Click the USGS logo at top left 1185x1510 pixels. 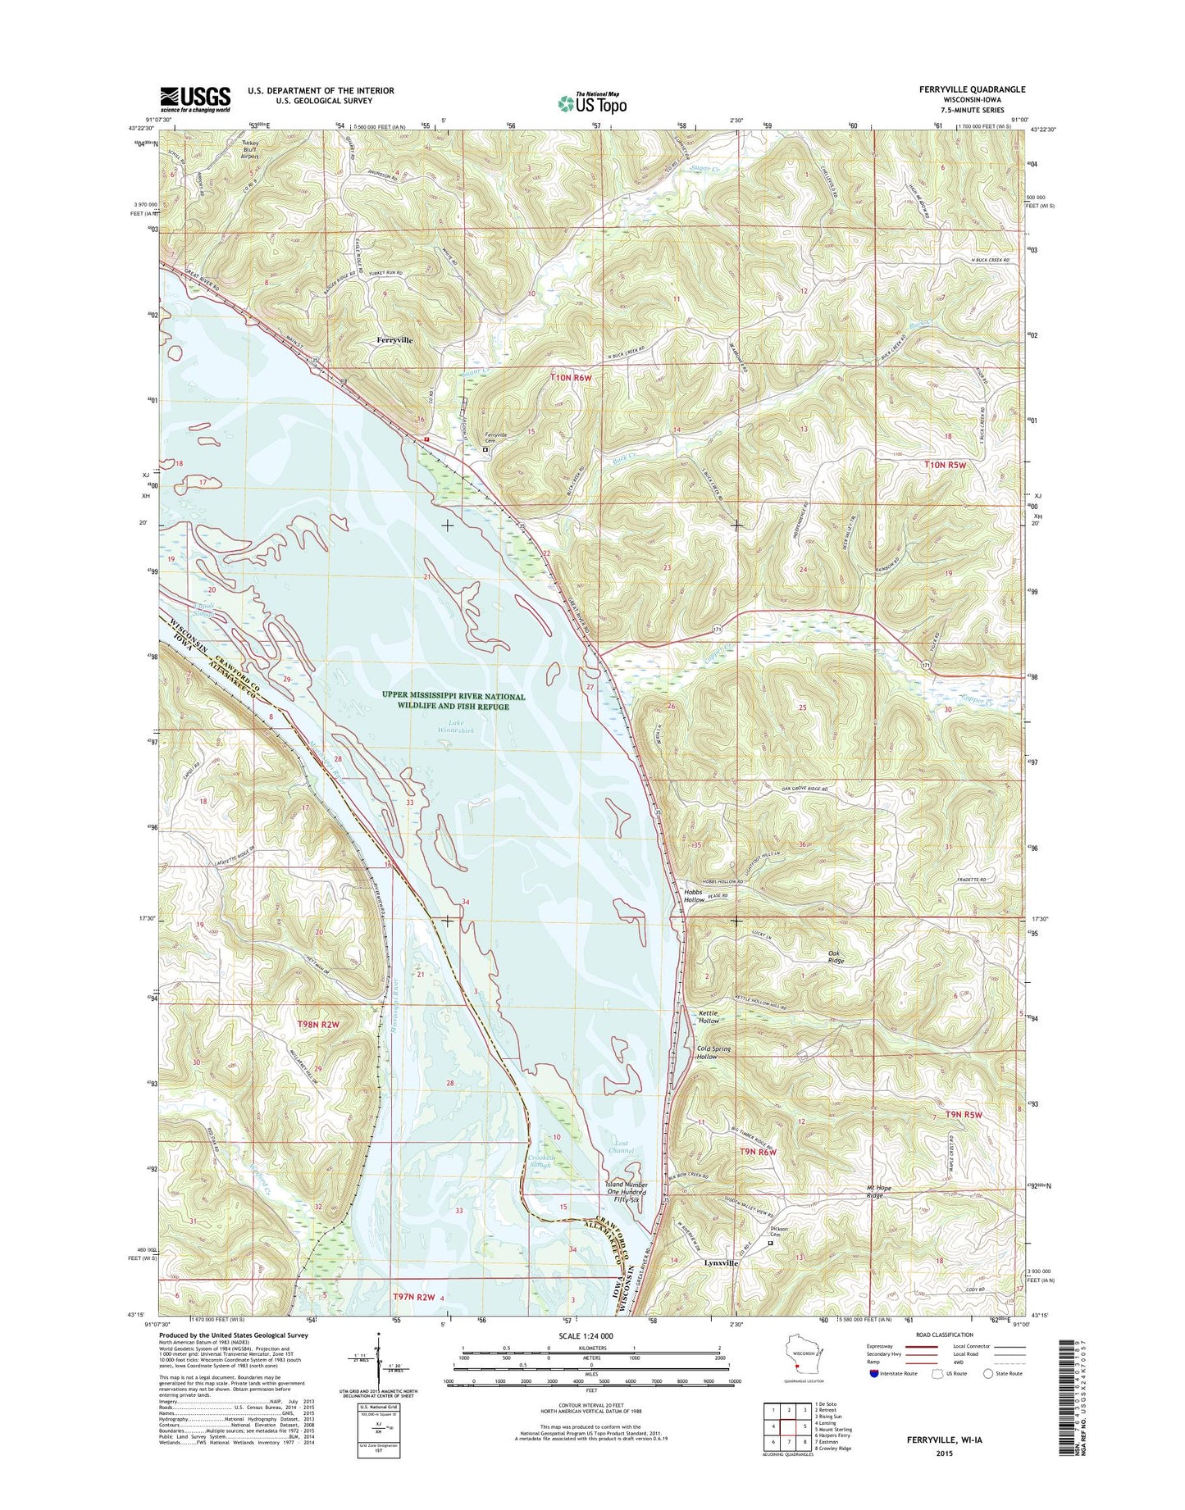pyautogui.click(x=195, y=99)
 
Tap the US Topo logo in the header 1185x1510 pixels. pyautogui.click(x=592, y=103)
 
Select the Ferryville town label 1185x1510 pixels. pyautogui.click(x=394, y=339)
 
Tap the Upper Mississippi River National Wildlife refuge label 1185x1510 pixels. pyautogui.click(x=453, y=701)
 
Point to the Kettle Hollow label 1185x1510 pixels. pyautogui.click(x=709, y=1017)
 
